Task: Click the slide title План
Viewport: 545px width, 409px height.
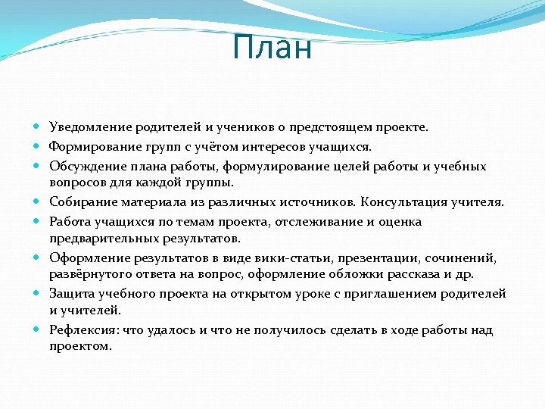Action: click(x=272, y=48)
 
